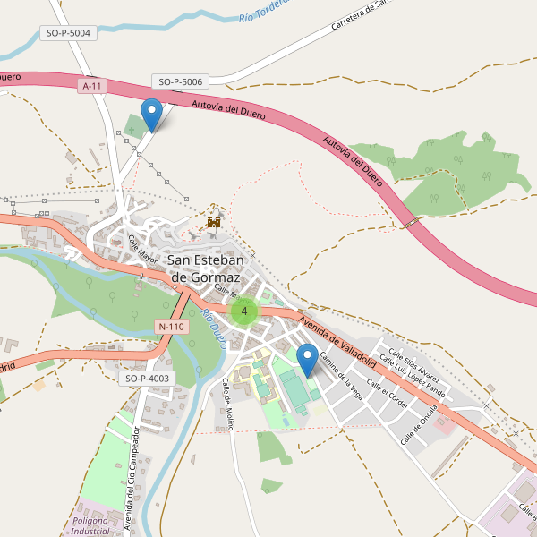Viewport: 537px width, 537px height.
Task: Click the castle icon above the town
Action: coord(214,220)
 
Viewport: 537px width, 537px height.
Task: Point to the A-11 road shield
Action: coord(91,86)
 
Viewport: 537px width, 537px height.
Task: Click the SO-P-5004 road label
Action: coord(68,33)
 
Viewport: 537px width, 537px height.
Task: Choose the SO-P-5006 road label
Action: coord(181,81)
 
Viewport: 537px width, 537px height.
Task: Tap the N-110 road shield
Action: coord(170,327)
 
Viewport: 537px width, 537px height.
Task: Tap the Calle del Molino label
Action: coord(227,404)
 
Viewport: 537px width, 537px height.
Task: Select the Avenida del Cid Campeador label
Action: coord(132,479)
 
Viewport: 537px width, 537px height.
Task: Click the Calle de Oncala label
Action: coord(419,423)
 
